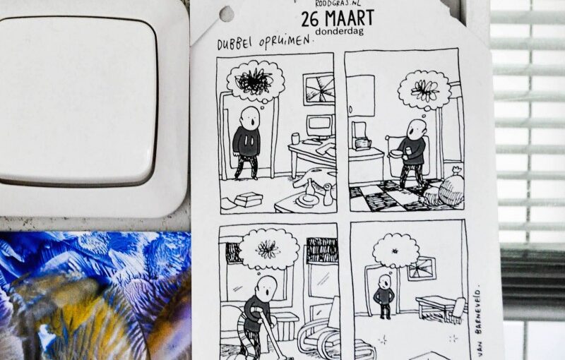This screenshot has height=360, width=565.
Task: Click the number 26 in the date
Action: point(310,19)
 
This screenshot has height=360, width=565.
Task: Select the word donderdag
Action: point(339,31)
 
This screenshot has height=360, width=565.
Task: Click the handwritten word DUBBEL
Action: point(236,44)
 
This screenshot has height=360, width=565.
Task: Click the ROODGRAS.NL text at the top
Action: point(338,4)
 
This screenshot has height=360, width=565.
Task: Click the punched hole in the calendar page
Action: point(227,13)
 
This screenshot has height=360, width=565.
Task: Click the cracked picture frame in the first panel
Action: point(319,89)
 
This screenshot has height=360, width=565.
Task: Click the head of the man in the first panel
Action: point(250,117)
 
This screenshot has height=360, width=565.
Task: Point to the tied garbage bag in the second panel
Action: point(448,187)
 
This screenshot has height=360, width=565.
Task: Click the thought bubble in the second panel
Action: point(425,90)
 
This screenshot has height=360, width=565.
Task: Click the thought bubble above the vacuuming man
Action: point(269,248)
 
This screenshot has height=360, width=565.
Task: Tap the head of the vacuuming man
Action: point(268,289)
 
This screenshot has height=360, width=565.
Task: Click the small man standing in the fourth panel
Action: point(384,297)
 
